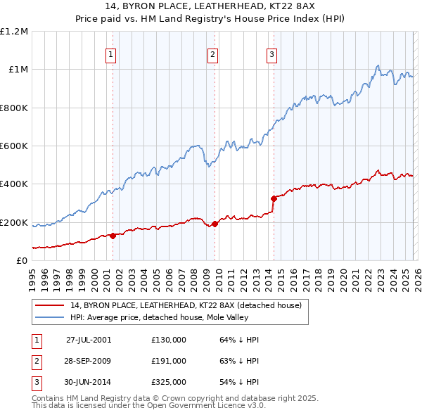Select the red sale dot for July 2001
click(x=113, y=236)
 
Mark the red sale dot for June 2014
click(x=273, y=198)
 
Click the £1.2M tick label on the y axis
click(x=14, y=32)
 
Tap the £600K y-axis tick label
click(x=14, y=146)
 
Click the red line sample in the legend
click(x=51, y=305)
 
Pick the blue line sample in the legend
click(x=51, y=317)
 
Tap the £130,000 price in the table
click(x=169, y=339)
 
